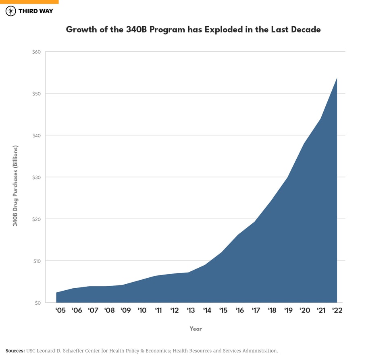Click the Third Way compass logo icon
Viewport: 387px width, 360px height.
pos(11,11)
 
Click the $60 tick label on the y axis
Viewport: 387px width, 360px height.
pos(37,52)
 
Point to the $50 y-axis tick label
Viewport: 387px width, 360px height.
pos(37,94)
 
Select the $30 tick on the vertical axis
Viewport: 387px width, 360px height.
pos(37,177)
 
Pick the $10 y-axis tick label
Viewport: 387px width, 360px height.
pos(37,261)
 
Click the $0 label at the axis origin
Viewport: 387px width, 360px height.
pos(38,303)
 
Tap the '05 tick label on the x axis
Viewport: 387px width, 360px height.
pos(60,310)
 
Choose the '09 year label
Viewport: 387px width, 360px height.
pos(125,310)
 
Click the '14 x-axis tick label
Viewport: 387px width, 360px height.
pos(207,310)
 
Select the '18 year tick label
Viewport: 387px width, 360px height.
pos(272,310)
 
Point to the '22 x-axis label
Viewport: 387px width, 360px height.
pos(337,310)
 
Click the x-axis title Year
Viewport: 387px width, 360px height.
pos(196,329)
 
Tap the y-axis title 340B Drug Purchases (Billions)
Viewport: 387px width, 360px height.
pos(15,185)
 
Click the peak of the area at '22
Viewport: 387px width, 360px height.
pos(337,78)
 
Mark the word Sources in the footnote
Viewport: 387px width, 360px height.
pos(15,351)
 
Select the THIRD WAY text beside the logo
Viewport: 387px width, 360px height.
pos(35,11)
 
